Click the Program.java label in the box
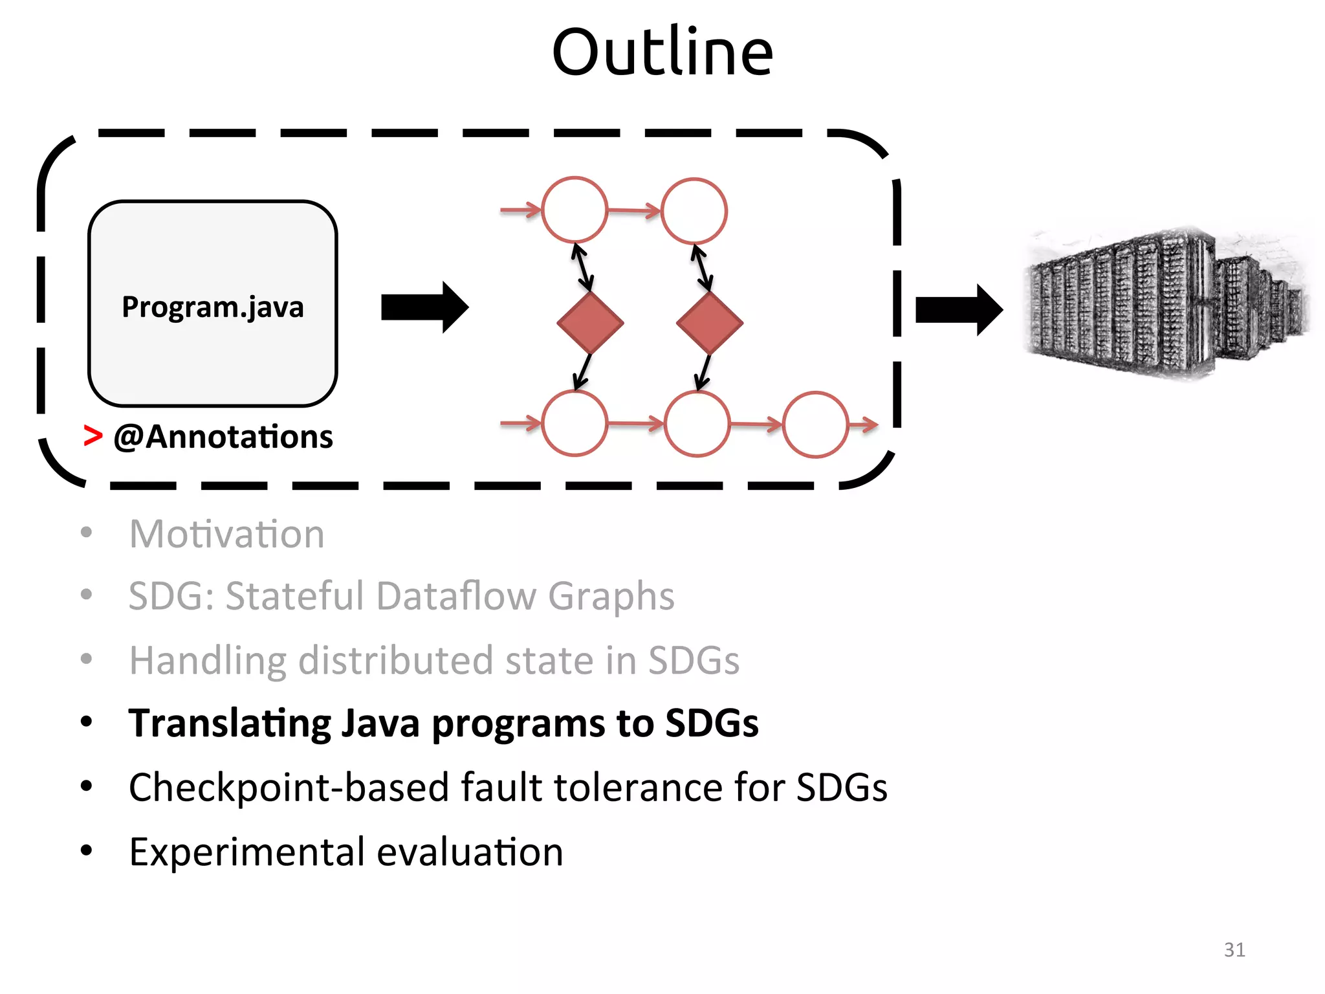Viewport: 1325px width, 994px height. [x=212, y=307]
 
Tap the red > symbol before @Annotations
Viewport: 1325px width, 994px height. [x=93, y=436]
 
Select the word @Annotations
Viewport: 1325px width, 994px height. [x=223, y=437]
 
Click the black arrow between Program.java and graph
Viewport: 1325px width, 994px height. [x=424, y=307]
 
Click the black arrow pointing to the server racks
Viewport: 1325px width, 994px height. [x=958, y=310]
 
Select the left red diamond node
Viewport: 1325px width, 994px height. [x=590, y=322]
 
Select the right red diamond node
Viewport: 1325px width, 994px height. [x=709, y=322]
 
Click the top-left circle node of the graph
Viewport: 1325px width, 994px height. [x=575, y=210]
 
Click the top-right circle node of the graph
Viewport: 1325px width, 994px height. [x=694, y=211]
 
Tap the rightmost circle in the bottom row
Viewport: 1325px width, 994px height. [x=815, y=425]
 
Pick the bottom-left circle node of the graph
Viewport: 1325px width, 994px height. [x=575, y=424]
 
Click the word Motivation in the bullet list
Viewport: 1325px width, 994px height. [x=226, y=535]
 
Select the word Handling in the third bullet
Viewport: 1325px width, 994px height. [x=207, y=661]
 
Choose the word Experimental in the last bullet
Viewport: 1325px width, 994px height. [x=246, y=852]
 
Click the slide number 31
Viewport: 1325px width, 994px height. [x=1234, y=949]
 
